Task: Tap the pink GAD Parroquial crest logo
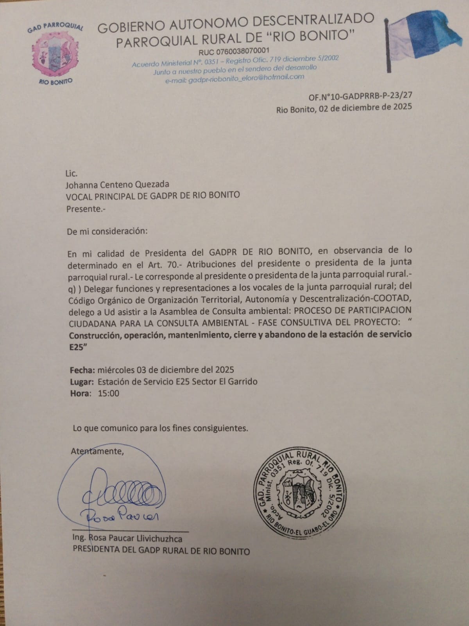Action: [x=55, y=55]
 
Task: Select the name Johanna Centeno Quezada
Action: [x=118, y=184]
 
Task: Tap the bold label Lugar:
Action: [x=82, y=381]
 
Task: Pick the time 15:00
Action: [x=109, y=393]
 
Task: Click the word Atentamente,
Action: [x=97, y=451]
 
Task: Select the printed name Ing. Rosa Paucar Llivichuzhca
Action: [x=127, y=538]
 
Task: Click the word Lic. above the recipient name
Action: [x=72, y=173]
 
